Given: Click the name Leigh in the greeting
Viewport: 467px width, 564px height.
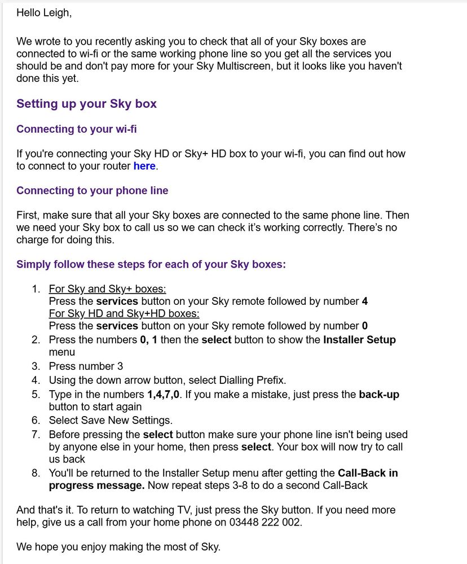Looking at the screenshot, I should pos(56,12).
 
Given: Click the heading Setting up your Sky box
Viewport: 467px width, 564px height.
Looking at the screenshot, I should pos(86,104).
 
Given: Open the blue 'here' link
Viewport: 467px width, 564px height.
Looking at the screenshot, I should pos(144,166).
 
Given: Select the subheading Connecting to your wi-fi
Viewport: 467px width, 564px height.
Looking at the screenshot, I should pos(76,129).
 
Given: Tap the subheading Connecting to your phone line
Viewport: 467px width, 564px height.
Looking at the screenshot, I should pos(92,191).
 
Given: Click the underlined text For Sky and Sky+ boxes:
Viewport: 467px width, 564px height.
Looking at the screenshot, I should pos(107,289).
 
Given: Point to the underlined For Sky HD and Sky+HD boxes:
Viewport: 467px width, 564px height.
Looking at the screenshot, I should pos(124,313).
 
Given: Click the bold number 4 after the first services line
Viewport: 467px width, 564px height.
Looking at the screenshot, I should pos(365,301).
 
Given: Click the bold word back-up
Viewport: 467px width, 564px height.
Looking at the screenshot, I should pos(379,395).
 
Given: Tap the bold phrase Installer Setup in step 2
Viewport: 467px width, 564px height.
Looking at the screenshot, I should pos(359,340).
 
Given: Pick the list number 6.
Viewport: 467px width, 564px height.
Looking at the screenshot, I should pos(36,420).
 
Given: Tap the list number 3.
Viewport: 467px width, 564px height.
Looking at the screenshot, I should pos(36,366).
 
